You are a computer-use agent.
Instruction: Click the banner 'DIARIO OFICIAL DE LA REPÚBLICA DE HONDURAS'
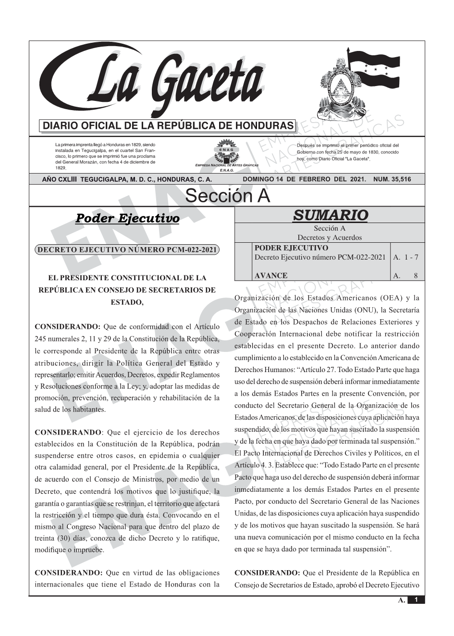click(x=168, y=126)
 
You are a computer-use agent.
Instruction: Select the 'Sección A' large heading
click(x=227, y=196)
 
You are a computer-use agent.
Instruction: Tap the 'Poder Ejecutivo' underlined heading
click(x=127, y=218)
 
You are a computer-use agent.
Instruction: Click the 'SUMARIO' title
click(x=330, y=215)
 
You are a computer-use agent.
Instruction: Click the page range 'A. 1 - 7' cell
click(x=405, y=257)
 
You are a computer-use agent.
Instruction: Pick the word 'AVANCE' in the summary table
click(x=270, y=275)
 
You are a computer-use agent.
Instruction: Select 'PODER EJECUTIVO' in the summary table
click(x=291, y=248)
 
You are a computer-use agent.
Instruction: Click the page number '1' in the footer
click(x=416, y=599)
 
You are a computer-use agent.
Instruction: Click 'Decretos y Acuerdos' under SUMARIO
click(x=330, y=237)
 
